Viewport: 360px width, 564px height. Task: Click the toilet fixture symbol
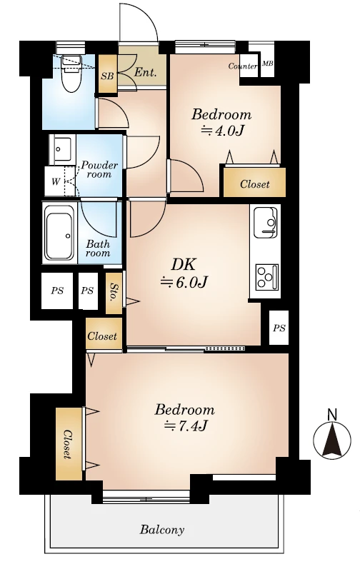[71, 74]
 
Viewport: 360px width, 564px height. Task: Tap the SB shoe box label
[107, 76]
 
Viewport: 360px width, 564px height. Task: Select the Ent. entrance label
[146, 73]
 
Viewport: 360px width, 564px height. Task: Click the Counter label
[243, 66]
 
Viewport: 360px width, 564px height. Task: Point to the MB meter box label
[267, 64]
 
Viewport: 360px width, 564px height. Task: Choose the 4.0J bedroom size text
[222, 130]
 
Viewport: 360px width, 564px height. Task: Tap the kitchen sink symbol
[265, 222]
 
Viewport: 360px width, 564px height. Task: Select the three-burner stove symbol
[267, 276]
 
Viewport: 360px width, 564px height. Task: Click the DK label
[183, 265]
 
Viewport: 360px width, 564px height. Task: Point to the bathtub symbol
[60, 236]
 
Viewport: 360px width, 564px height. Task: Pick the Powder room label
[99, 170]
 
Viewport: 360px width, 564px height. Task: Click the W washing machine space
[55, 181]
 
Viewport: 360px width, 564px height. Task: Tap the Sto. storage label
[114, 293]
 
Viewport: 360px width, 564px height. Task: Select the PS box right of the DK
[279, 328]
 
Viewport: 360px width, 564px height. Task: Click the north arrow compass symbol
[331, 438]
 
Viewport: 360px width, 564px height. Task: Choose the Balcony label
[162, 530]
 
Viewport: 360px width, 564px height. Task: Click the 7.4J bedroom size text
[186, 426]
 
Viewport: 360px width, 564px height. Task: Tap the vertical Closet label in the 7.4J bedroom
[67, 444]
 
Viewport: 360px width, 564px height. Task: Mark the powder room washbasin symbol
[62, 149]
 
